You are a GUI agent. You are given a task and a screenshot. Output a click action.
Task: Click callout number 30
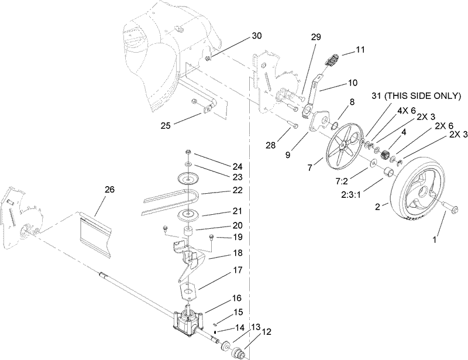[x=257, y=35]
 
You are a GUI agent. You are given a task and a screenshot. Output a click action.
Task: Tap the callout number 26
[x=110, y=189]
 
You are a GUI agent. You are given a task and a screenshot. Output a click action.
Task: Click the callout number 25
[x=166, y=125]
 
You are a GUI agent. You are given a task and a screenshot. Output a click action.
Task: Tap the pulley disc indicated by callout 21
[x=190, y=215]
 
